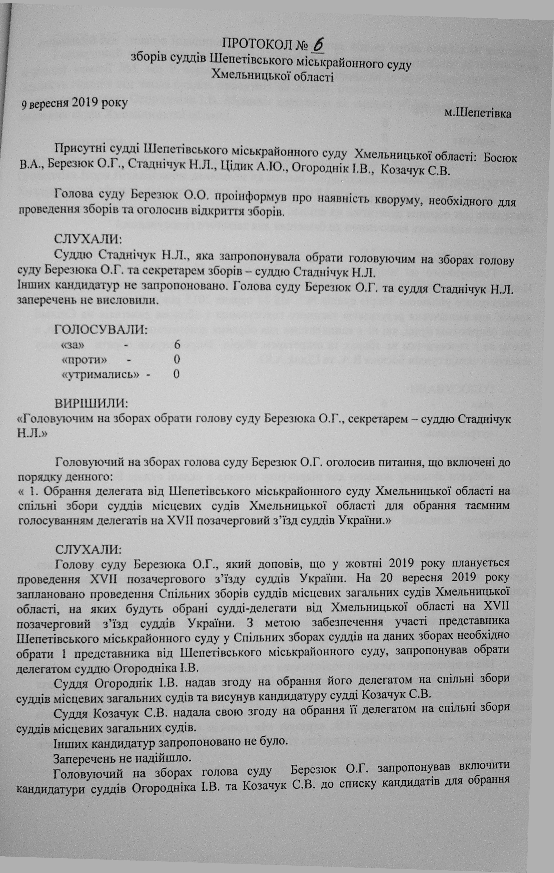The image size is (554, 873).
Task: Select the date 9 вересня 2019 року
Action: pos(74,103)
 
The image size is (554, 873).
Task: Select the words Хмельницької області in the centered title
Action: pos(272,76)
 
